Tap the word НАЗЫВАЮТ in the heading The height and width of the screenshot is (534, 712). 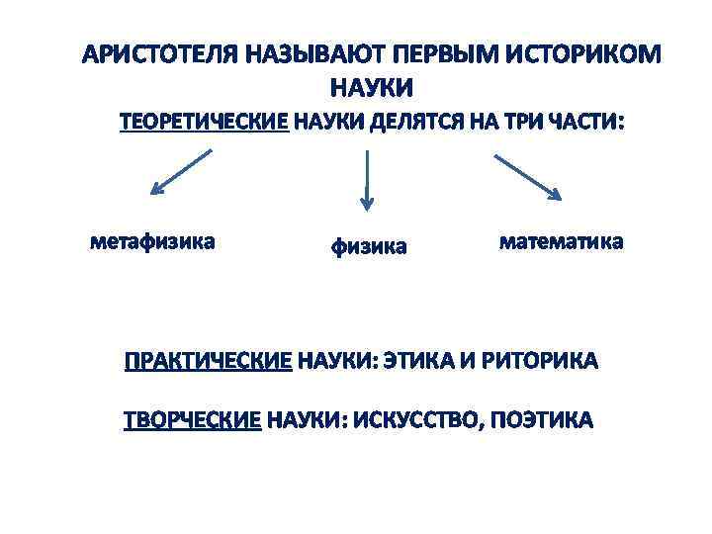pos(306,52)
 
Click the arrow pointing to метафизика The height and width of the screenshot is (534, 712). pos(181,173)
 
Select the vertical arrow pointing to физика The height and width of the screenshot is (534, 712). pos(367,180)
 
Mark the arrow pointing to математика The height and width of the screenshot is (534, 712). pos(528,175)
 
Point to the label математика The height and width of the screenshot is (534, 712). pos(561,241)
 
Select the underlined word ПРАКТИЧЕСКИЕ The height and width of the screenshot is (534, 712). pos(208,362)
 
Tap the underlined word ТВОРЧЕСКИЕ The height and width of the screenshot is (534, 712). pos(192,420)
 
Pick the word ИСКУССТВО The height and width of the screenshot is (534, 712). pos(415,420)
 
